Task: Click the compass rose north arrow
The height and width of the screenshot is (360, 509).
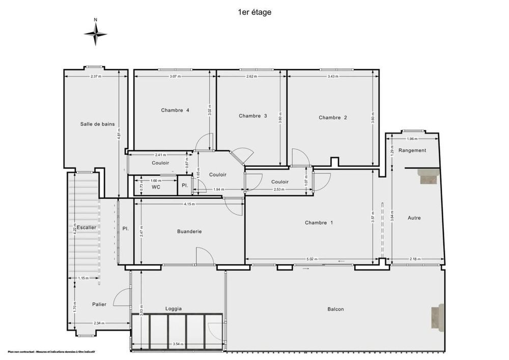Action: point(95,34)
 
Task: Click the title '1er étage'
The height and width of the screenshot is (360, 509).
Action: point(254,12)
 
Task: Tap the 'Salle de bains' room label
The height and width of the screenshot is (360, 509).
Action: point(97,124)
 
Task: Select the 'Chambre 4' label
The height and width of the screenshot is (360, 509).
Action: point(175,110)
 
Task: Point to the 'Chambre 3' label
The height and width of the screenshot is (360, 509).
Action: point(252,116)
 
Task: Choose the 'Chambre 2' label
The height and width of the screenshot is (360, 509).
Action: point(333,118)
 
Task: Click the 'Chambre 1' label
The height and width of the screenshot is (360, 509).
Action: point(319,223)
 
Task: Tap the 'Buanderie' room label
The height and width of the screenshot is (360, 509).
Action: point(189,231)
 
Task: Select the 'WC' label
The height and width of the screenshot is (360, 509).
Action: point(156,187)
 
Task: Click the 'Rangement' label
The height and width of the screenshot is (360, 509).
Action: point(412,150)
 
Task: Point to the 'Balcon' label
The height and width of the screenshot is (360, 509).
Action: point(335,309)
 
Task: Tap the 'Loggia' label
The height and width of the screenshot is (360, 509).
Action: point(174,309)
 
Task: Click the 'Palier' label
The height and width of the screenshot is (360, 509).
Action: point(99,304)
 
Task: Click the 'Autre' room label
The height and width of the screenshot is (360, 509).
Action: point(414,218)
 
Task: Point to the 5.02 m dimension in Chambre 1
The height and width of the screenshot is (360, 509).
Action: point(312,259)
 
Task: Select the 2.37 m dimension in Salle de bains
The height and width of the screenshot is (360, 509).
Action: point(96,76)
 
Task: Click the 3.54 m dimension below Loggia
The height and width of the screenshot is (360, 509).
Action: point(178,344)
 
